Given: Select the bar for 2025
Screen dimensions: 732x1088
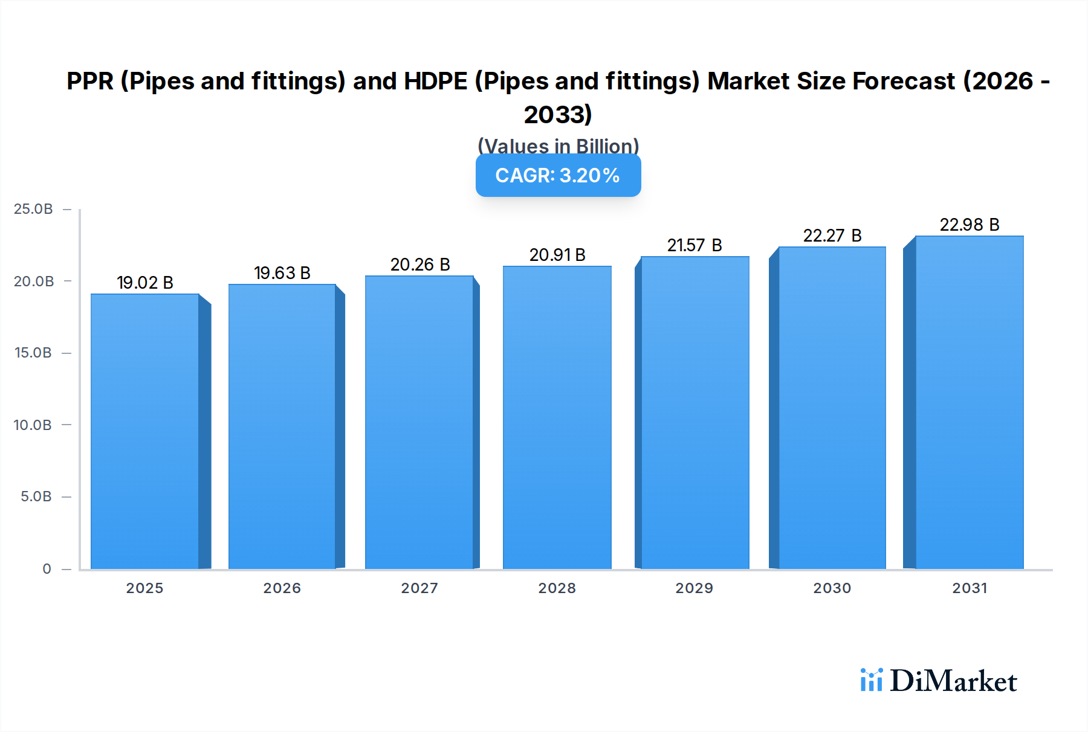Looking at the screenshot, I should tap(145, 431).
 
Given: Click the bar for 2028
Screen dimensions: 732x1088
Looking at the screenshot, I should tap(557, 417).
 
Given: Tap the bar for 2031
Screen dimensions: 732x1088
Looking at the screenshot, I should tap(969, 402).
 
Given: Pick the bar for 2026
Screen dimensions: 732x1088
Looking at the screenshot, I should tap(282, 426).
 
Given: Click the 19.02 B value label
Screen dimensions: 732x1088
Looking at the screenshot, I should tap(145, 283).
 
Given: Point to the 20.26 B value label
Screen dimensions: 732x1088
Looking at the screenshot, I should tap(420, 265).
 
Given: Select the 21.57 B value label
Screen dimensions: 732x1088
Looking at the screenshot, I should tap(695, 245).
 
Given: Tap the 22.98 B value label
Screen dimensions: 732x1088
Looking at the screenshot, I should tap(969, 225).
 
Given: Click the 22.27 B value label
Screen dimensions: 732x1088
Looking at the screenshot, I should tap(832, 236).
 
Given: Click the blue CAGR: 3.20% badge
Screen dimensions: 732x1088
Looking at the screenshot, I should tap(558, 175).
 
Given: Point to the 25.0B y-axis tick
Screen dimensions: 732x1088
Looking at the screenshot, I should tap(33, 209).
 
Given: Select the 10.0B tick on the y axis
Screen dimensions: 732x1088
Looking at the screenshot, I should tap(33, 425).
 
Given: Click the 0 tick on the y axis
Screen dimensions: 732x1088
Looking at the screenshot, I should tap(47, 568).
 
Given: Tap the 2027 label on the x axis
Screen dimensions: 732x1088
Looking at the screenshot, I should tap(419, 588).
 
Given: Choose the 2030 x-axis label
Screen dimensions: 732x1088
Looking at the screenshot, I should tap(832, 588).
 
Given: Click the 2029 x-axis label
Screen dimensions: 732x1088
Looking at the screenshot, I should tap(694, 588).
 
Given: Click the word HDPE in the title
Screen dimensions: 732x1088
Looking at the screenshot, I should tap(435, 81).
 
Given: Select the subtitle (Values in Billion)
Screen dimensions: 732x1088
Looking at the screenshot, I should tap(558, 146).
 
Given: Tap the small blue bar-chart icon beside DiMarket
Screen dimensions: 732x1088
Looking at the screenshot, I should tap(872, 680).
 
